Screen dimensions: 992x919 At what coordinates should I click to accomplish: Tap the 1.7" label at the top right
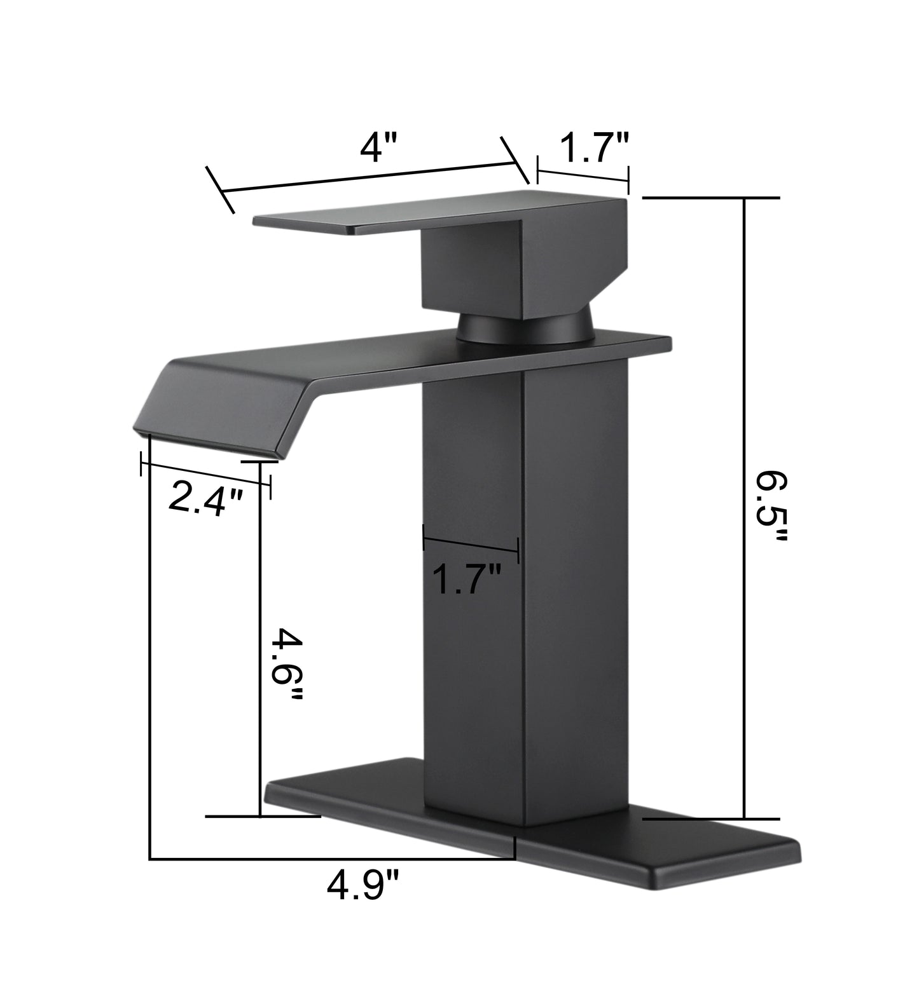pyautogui.click(x=594, y=149)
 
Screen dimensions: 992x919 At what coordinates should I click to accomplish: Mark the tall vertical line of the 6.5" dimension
pyautogui.click(x=743, y=508)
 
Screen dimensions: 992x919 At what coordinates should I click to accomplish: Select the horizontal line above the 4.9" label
pyautogui.click(x=331, y=860)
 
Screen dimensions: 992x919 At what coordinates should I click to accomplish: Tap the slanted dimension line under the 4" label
pyautogui.click(x=369, y=178)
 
